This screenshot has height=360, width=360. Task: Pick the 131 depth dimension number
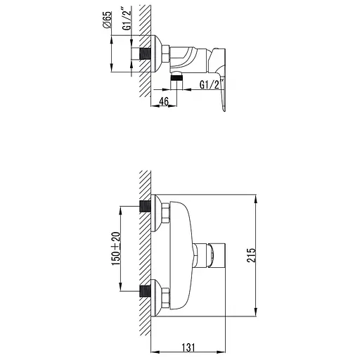pos(188,348)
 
